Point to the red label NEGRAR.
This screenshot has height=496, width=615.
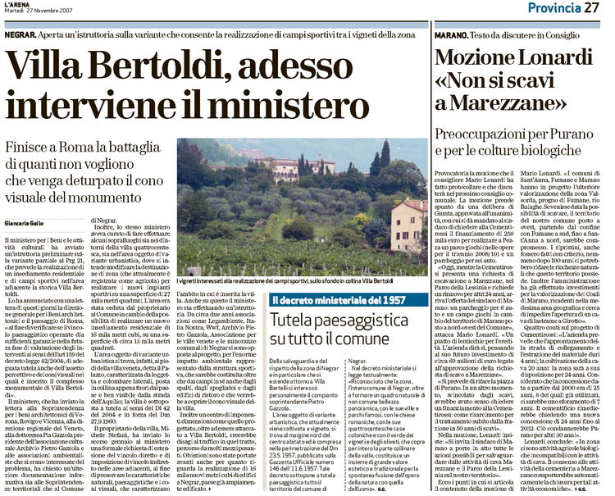pyautogui.click(x=17, y=35)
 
